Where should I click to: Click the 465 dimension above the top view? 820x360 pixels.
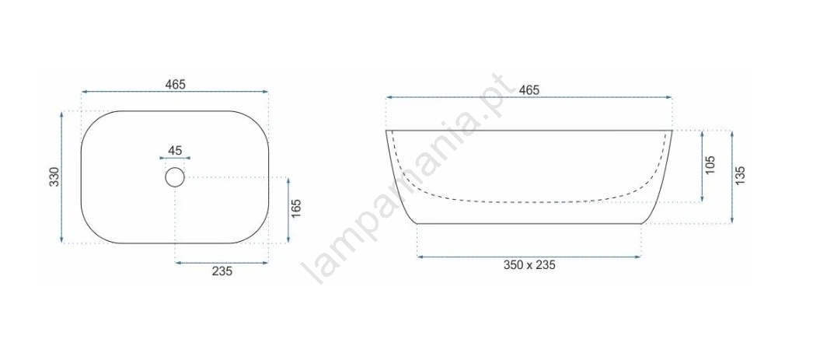point(175,84)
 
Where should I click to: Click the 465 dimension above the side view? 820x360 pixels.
point(529,90)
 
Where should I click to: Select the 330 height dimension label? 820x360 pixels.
point(56,177)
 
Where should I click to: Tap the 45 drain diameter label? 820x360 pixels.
point(175,150)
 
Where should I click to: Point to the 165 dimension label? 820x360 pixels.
point(295,209)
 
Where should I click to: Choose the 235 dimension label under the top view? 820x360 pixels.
point(222,271)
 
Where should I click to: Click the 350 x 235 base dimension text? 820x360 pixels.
point(529,265)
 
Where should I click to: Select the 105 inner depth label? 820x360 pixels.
point(710,165)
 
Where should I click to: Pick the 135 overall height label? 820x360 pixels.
point(739,176)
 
